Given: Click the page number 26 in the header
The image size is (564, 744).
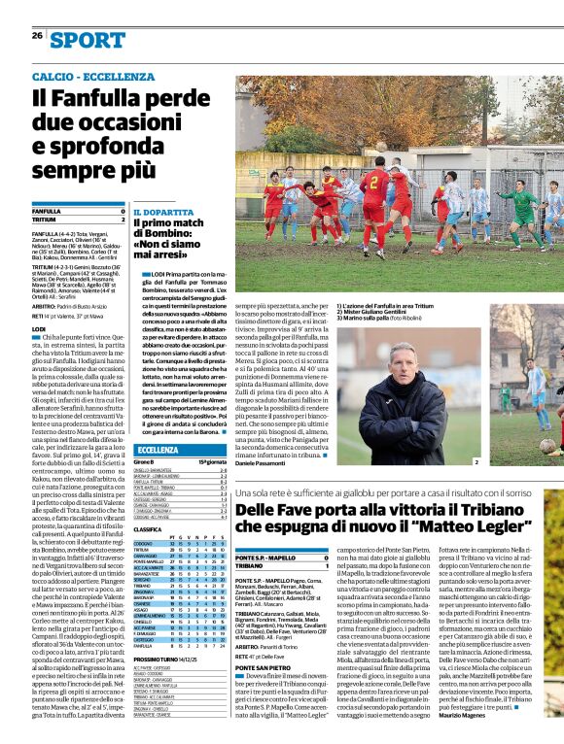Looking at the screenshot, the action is coord(37,36).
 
